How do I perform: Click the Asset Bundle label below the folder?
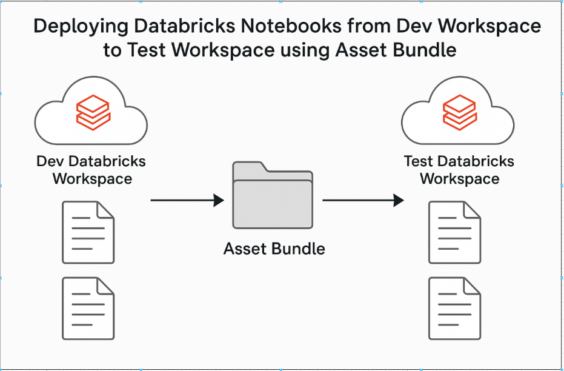coord(274,249)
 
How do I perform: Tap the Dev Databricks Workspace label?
coord(91,170)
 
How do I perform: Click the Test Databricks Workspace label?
coord(459,170)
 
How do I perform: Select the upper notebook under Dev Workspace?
coord(88,232)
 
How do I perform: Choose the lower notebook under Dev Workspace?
coord(88,309)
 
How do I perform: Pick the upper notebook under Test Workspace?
coord(455,232)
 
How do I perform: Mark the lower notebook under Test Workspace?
coord(455,309)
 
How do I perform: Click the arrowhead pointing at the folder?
coord(219,200)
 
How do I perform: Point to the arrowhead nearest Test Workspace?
coord(399,200)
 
